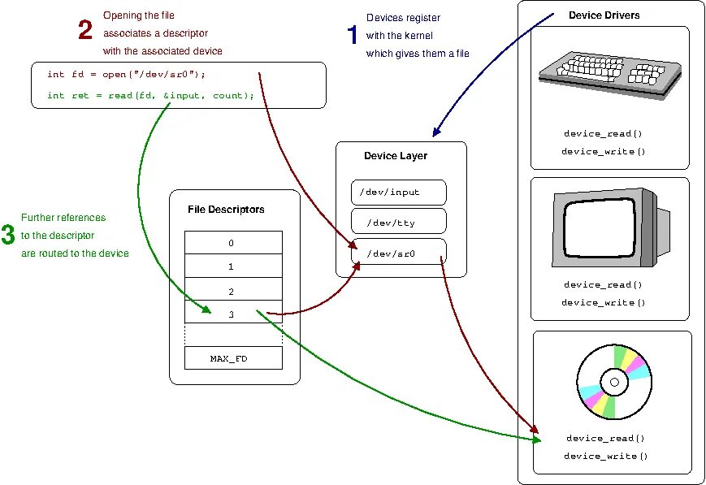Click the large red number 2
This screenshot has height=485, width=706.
click(x=85, y=31)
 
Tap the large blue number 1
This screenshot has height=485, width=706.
click(x=353, y=35)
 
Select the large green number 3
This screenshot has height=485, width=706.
click(x=8, y=236)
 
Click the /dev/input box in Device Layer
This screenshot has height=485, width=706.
click(x=399, y=193)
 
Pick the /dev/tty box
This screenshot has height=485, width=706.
click(x=399, y=221)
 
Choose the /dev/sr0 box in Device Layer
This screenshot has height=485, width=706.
click(x=399, y=253)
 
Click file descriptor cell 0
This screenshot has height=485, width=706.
click(x=233, y=243)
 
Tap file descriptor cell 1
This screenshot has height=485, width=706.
click(x=233, y=266)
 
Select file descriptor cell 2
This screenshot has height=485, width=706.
click(x=233, y=289)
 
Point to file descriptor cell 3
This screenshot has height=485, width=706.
click(x=233, y=313)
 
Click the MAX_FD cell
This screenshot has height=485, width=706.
click(x=233, y=358)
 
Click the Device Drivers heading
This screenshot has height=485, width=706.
click(x=604, y=15)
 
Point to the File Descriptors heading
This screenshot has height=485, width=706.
click(x=226, y=210)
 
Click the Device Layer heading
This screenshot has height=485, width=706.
click(x=396, y=156)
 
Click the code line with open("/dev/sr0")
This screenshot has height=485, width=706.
click(x=126, y=75)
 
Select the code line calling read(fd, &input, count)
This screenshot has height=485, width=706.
click(x=150, y=95)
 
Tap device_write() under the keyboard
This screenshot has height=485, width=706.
click(x=603, y=151)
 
